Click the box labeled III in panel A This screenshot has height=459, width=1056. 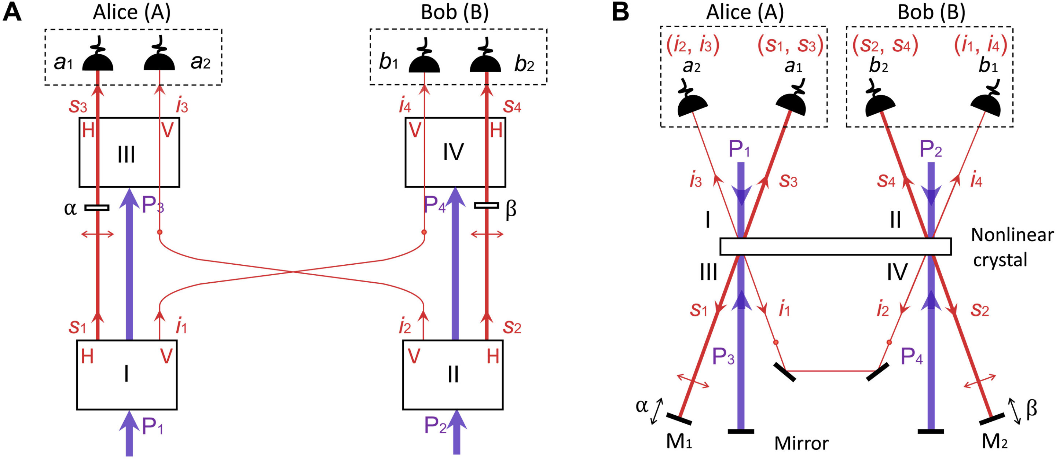point(129,153)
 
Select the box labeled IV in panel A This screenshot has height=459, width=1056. point(455,153)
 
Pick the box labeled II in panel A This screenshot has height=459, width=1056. point(452,375)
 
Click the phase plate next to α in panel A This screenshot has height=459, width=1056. point(97,208)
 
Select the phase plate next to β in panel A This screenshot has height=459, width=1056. point(487,205)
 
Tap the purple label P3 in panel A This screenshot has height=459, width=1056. point(153,205)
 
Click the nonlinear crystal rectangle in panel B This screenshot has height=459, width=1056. point(836,246)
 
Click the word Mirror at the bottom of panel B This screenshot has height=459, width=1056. point(801,444)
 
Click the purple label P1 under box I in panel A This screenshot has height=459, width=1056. point(152,427)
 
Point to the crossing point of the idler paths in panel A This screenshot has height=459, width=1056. point(292,272)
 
